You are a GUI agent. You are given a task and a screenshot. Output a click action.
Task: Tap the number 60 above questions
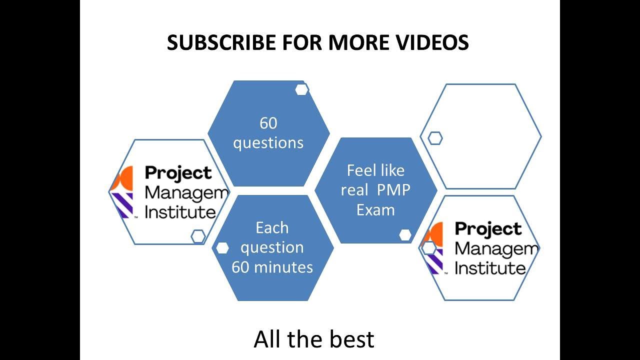coord(268,123)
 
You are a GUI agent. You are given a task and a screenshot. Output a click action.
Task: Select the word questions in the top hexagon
coord(268,143)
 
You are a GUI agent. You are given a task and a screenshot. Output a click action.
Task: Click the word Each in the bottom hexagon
coord(272,228)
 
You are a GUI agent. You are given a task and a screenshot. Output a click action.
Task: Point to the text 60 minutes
coord(272,267)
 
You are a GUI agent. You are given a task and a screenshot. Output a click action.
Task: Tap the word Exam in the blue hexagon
coord(375,210)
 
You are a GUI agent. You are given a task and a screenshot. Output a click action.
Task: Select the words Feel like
coord(375,171)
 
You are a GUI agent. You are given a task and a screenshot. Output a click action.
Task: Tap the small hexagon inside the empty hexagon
coord(435,138)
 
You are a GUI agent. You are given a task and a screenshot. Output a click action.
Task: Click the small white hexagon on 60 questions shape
coord(301,89)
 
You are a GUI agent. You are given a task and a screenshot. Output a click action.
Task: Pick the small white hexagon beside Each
coord(222,248)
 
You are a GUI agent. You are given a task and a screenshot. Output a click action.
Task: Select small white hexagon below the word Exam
coord(405,234)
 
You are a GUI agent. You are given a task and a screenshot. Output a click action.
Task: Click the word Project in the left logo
coord(178,173)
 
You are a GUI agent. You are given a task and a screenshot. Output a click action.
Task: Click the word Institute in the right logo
coord(490,268)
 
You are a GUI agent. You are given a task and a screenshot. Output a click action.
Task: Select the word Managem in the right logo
coord(496,248)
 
